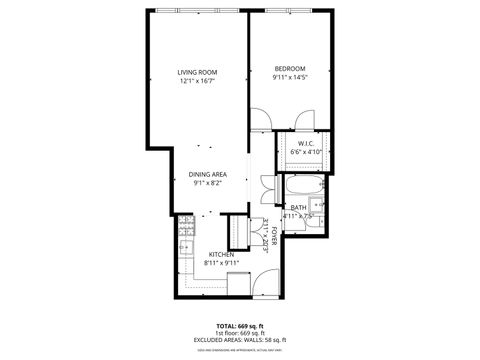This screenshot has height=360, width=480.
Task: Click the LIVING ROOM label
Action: click(x=197, y=72)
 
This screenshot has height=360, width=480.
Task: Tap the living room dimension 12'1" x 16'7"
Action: click(x=197, y=82)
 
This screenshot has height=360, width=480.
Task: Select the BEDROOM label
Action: click(x=289, y=68)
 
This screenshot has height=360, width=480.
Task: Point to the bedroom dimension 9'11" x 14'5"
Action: click(x=289, y=78)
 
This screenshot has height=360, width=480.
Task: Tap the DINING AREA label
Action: click(x=208, y=174)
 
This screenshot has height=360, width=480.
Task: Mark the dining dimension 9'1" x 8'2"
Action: click(x=208, y=184)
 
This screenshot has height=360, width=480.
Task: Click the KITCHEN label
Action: click(x=221, y=254)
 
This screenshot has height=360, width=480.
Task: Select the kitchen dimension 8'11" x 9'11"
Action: click(x=221, y=264)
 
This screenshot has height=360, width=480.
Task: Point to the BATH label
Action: click(x=298, y=207)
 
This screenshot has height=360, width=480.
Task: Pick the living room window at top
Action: click(x=197, y=11)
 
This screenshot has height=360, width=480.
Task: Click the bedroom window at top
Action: click(x=290, y=11)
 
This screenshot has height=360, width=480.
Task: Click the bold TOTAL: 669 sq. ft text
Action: click(x=240, y=326)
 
